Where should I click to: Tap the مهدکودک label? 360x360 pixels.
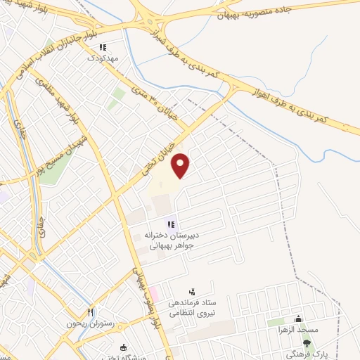(103, 58)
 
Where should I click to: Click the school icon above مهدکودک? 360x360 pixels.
(103, 48)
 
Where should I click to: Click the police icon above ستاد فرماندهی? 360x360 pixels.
(192, 290)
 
